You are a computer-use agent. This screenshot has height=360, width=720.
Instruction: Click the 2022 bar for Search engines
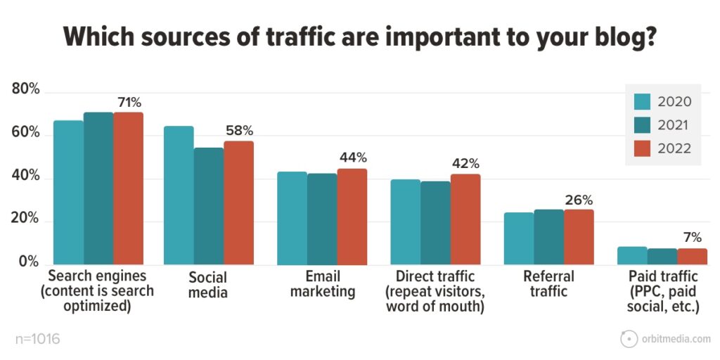tap(128, 188)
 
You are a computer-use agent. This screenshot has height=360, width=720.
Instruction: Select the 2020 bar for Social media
tap(179, 195)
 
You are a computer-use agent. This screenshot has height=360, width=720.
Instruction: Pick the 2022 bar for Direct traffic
tap(465, 219)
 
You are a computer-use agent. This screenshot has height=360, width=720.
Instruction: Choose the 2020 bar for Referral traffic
tap(519, 239)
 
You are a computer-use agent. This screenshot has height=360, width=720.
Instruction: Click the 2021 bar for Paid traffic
tap(662, 257)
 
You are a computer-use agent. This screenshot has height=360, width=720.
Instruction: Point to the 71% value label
tap(129, 103)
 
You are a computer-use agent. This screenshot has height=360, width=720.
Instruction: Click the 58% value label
tap(239, 131)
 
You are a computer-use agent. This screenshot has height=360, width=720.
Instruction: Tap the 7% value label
tap(692, 238)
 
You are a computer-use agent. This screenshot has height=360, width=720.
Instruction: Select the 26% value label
tap(579, 200)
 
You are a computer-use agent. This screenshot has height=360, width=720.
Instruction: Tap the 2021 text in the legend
tap(674, 125)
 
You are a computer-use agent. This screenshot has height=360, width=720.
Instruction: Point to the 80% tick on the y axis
tap(26, 91)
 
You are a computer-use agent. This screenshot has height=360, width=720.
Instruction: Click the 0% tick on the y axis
tap(29, 262)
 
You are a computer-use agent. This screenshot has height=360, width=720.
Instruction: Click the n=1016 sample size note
tap(37, 340)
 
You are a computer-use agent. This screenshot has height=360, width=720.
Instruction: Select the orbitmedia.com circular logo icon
tap(629, 339)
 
